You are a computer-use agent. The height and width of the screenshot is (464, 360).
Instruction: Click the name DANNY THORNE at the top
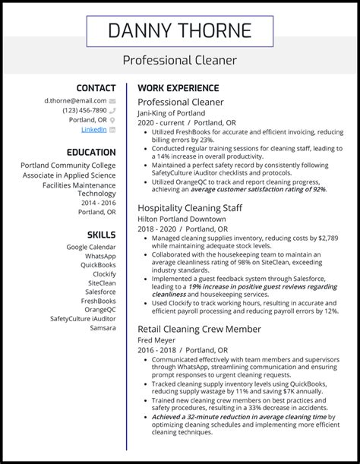point(179,30)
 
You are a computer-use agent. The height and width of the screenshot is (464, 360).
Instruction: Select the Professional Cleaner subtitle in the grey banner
point(179,60)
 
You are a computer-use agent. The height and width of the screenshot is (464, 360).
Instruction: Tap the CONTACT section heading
point(96,88)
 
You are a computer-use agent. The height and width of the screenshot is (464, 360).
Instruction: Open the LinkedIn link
point(93,130)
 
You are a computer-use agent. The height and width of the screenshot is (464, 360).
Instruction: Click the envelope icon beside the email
point(112,100)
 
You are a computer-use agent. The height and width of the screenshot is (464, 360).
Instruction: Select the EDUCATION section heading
point(90,152)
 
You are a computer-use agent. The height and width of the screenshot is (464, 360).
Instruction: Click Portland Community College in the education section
point(68,166)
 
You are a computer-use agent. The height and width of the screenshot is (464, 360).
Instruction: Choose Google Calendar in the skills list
point(90,247)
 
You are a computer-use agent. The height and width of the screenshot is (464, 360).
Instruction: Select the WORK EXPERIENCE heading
point(178,88)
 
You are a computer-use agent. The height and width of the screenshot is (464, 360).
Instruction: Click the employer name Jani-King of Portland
point(171,113)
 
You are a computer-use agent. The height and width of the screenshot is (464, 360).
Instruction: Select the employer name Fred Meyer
point(157,341)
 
